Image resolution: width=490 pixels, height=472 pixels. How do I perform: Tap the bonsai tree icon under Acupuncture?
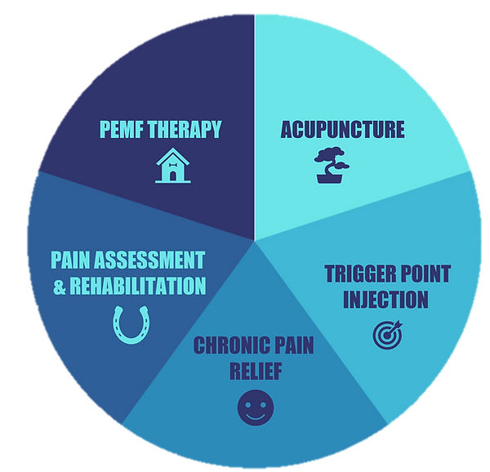[332, 167]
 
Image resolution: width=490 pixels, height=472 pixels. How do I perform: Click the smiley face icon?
[253, 407]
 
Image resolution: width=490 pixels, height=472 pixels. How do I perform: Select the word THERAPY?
[193, 130]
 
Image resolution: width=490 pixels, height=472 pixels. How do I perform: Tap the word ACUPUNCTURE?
[343, 130]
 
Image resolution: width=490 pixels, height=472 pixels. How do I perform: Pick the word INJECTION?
[384, 300]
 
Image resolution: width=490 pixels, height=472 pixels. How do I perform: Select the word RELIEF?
[253, 372]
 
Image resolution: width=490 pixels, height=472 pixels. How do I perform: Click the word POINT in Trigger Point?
[425, 274]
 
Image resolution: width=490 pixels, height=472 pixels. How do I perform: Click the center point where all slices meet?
[255, 240]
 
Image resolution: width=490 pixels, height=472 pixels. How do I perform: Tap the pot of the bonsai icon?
[331, 178]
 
